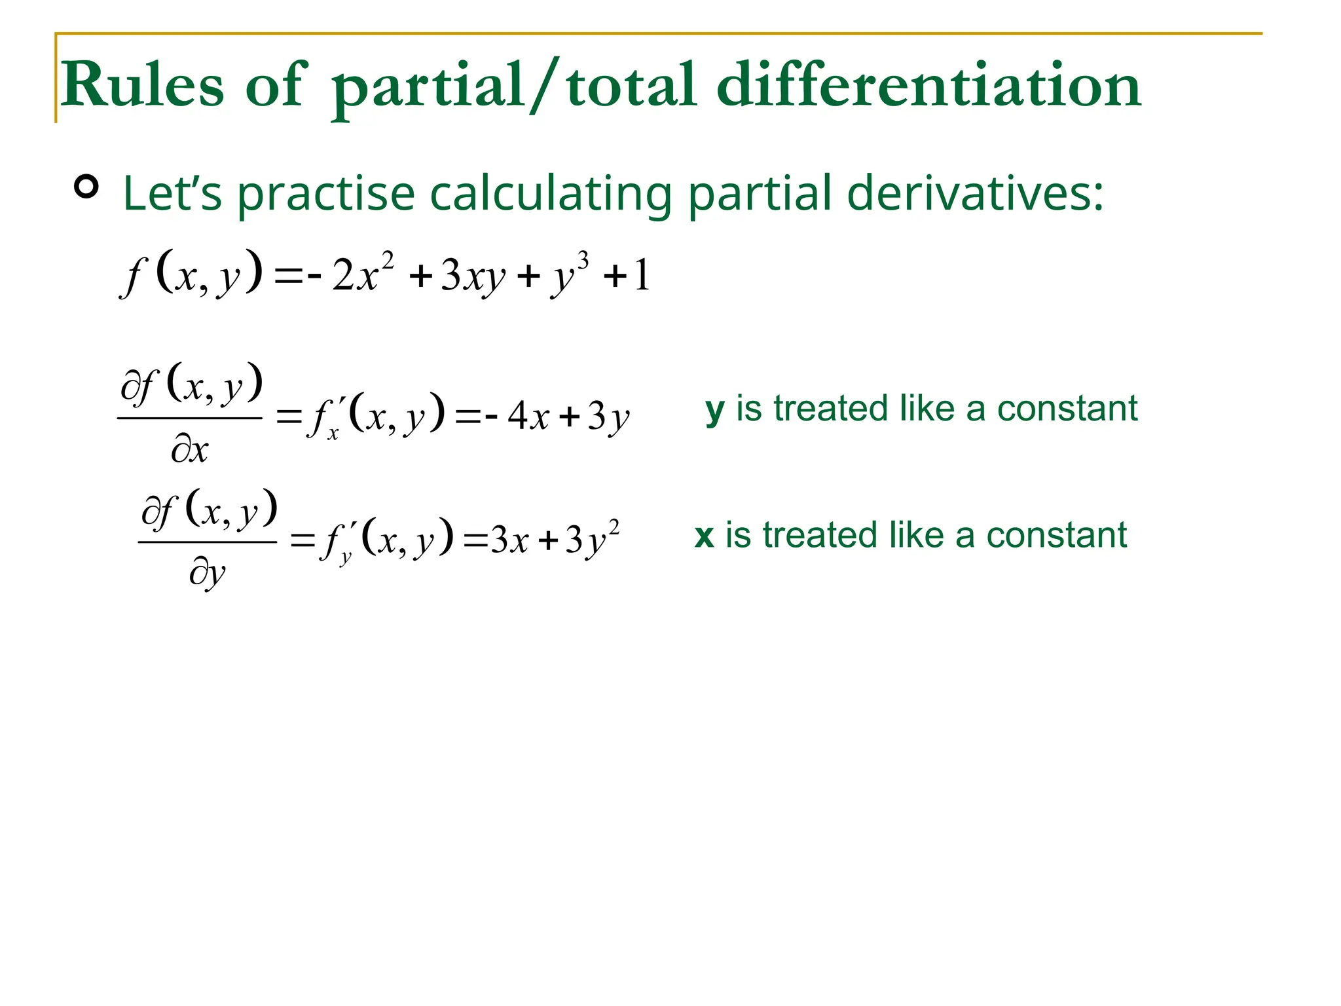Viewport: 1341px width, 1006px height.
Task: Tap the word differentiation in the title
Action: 929,85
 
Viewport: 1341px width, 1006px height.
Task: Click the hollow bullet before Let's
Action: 86,187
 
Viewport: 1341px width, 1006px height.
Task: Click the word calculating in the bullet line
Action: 551,195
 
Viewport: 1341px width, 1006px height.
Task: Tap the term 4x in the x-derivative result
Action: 528,416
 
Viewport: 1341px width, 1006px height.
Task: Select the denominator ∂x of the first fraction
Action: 190,451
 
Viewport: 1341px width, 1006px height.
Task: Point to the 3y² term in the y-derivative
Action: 592,540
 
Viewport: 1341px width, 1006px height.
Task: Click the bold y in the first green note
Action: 714,411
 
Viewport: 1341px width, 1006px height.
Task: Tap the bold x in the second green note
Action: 704,536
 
